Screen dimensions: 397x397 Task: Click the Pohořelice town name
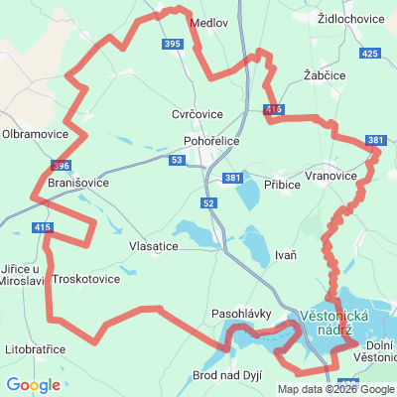coord(211,141)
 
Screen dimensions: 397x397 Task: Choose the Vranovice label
coord(331,175)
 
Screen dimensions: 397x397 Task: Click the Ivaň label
coord(285,255)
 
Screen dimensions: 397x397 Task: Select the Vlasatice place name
coord(154,245)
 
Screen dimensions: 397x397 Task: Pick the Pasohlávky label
coord(241,314)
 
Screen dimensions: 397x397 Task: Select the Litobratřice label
coord(35,349)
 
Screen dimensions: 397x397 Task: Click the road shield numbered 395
coord(173,45)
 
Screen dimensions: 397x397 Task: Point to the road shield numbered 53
coord(177,160)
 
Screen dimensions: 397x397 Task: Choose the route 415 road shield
coord(43,228)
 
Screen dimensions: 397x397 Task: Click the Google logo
coord(33,384)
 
